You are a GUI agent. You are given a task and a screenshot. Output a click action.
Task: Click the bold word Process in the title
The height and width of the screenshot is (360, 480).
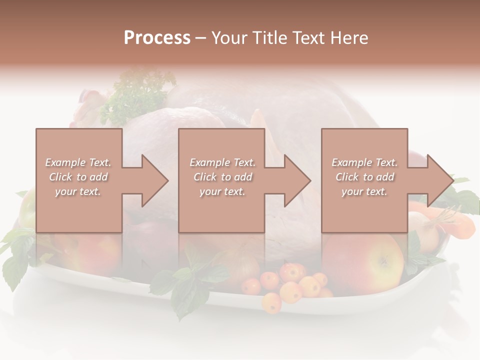(157, 38)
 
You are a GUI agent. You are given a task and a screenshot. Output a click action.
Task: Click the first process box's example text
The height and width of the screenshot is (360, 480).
(78, 177)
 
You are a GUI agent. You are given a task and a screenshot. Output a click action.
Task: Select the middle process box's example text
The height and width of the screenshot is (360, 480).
(222, 177)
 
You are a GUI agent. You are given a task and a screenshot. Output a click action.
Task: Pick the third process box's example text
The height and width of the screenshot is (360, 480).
(364, 177)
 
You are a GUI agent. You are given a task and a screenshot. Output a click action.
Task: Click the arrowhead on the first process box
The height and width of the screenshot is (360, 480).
(152, 180)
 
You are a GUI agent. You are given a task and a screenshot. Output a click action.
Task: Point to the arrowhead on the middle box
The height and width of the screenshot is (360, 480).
(295, 180)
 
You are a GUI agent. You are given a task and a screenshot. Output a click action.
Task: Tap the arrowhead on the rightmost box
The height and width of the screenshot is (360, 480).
(437, 180)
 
